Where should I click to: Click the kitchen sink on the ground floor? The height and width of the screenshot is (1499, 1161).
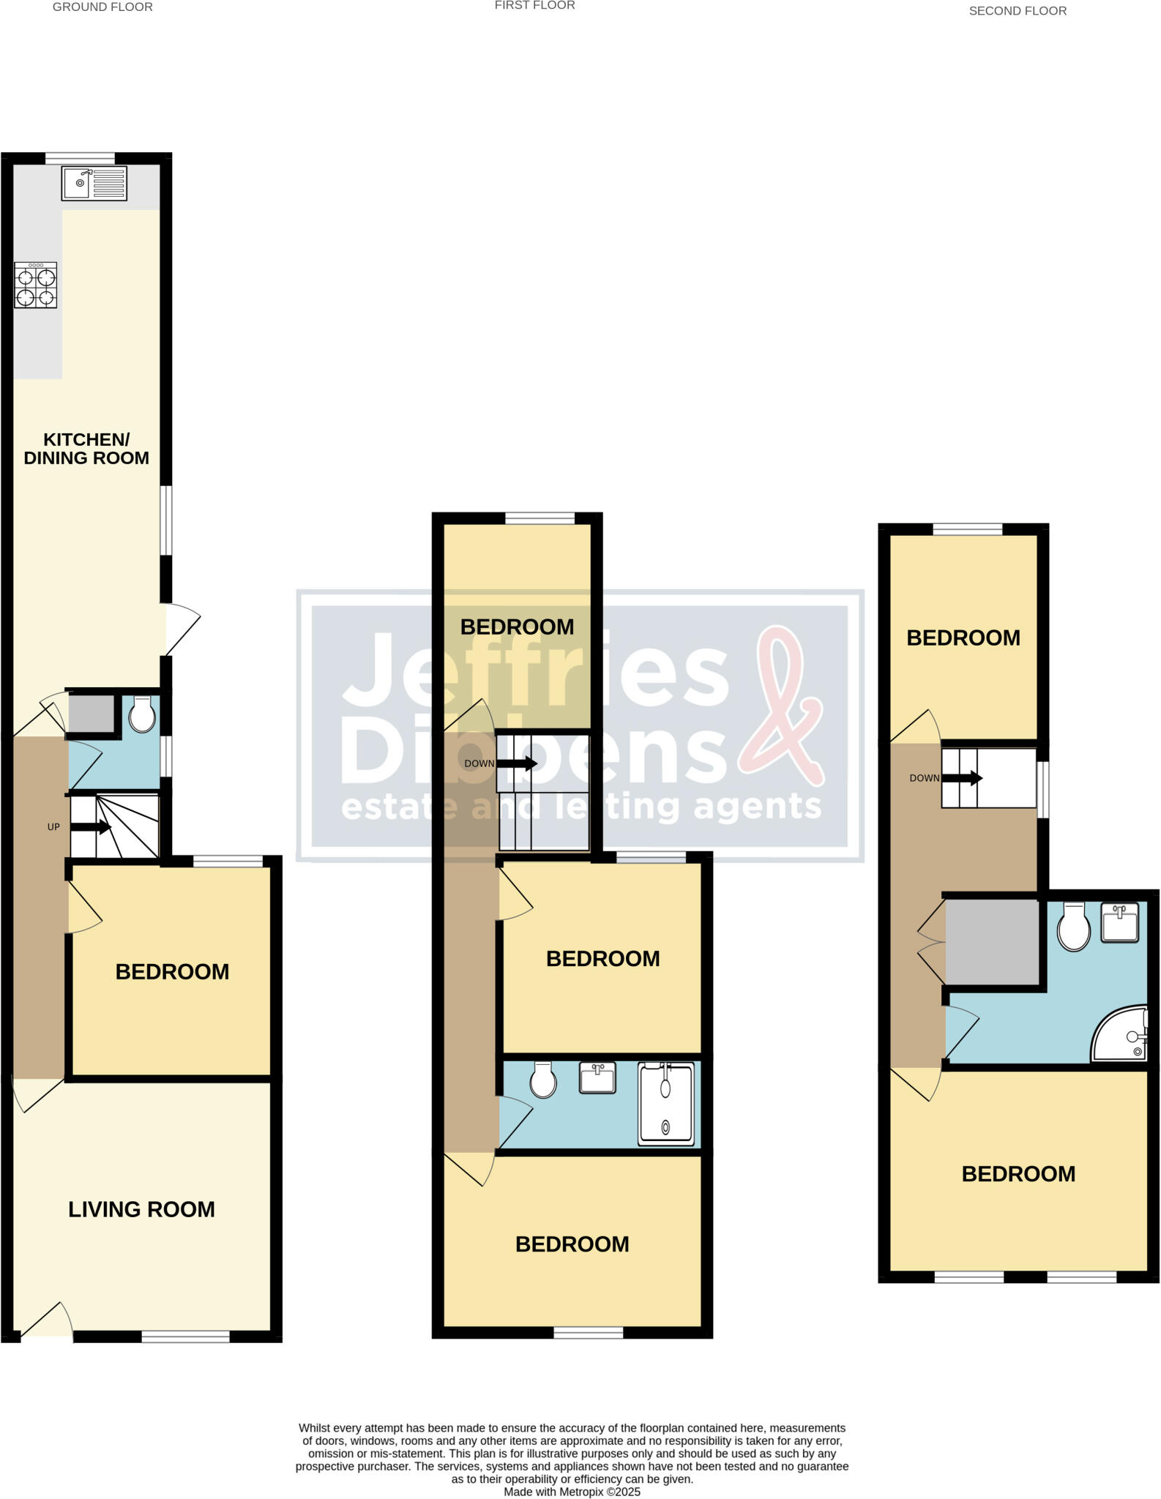pyautogui.click(x=94, y=183)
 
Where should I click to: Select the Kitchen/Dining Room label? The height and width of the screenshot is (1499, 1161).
pyautogui.click(x=86, y=449)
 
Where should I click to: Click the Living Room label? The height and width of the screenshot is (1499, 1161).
pyautogui.click(x=141, y=1210)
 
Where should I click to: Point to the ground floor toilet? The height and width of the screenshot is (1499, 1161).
pyautogui.click(x=142, y=714)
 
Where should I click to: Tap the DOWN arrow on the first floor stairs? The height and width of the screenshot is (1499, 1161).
pyautogui.click(x=519, y=764)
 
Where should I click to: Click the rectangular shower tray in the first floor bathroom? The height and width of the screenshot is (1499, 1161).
pyautogui.click(x=665, y=1104)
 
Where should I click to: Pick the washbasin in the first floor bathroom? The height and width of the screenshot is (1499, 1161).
pyautogui.click(x=597, y=1078)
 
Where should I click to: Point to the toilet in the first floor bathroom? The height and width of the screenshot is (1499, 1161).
pyautogui.click(x=543, y=1080)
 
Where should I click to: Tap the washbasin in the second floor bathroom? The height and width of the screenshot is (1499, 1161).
pyautogui.click(x=1120, y=922)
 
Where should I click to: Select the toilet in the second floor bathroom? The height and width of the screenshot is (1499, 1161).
pyautogui.click(x=1074, y=926)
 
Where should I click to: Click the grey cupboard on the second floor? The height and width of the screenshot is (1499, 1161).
pyautogui.click(x=993, y=942)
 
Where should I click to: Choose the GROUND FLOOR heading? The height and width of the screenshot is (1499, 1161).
pyautogui.click(x=102, y=7)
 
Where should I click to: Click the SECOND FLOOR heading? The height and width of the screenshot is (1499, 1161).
pyautogui.click(x=1018, y=11)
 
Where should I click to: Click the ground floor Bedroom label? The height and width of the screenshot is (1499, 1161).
pyautogui.click(x=172, y=972)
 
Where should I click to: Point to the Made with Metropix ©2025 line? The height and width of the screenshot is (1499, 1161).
pyautogui.click(x=572, y=1492)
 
